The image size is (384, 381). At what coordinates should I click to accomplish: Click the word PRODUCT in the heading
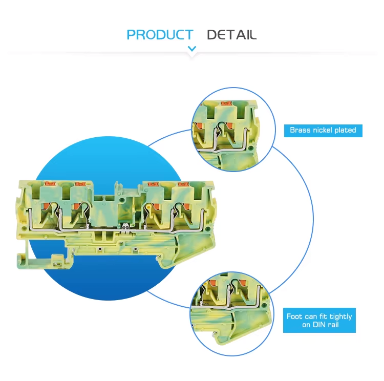pos(160,34)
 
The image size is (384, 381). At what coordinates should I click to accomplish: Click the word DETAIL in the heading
pos(231,34)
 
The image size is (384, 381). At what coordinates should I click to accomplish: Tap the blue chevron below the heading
pos(192,49)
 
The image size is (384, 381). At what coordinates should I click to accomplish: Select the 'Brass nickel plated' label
pos(323,131)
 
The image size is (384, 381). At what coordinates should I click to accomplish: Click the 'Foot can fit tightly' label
pos(319,320)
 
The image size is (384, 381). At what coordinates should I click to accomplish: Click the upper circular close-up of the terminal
pos(233,130)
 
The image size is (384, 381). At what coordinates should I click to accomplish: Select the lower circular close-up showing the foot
pos(231,314)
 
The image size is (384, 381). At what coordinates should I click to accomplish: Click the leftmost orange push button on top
pos(50,183)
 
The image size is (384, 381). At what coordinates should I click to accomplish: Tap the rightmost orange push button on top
pos(183,184)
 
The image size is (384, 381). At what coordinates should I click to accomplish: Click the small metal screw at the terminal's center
pos(126,227)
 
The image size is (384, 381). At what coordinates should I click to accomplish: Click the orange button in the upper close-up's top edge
pos(226,103)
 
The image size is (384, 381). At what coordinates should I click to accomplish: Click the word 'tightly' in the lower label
pos(340,317)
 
